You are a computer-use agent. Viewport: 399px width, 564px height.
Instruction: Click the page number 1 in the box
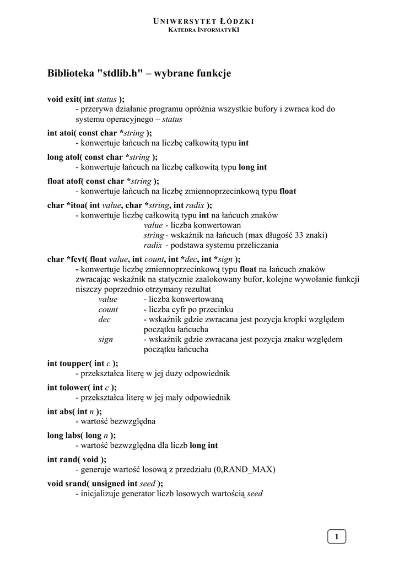tap(337, 536)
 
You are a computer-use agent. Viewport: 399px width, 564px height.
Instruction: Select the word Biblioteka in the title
tap(71, 73)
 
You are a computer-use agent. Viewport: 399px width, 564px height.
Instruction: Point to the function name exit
tap(72, 99)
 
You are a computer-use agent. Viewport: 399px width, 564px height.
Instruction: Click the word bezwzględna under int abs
tap(132, 422)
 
